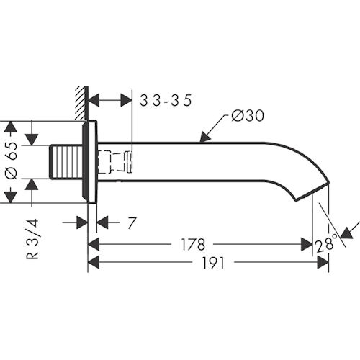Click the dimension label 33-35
[166, 100]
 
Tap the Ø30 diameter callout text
[248, 116]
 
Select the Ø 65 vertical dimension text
[12, 161]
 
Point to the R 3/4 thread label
[32, 238]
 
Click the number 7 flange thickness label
[132, 222]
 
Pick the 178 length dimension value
[193, 244]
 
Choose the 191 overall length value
[213, 262]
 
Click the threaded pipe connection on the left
[66, 162]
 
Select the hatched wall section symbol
[81, 103]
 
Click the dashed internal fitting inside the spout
[114, 161]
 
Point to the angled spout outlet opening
[312, 192]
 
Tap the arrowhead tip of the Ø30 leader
[200, 143]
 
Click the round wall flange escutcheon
[90, 162]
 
